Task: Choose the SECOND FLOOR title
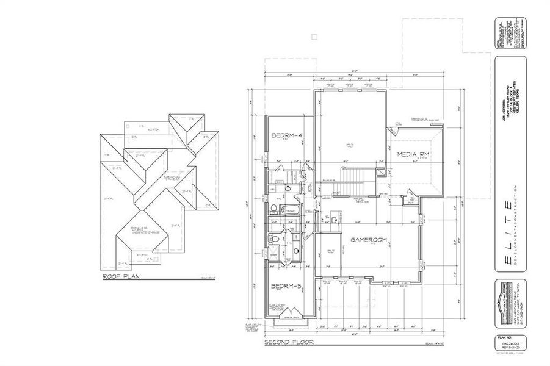coord(289,343)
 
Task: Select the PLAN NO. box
coord(504,345)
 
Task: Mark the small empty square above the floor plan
coord(314,37)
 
